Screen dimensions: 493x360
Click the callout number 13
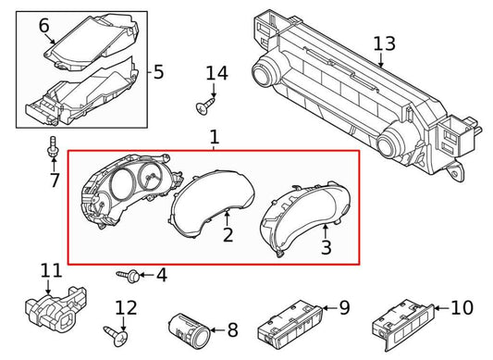(384, 43)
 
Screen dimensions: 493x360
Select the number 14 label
(216, 73)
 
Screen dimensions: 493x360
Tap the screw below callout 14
(205, 106)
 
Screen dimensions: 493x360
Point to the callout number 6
(44, 26)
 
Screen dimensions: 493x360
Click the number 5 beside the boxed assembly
(159, 72)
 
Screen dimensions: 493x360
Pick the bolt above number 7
(53, 146)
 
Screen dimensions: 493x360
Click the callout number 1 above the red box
(214, 137)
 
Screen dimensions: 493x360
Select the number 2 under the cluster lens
(228, 235)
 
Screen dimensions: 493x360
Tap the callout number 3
(327, 247)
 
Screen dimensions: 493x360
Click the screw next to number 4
(129, 276)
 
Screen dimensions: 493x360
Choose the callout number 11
(52, 270)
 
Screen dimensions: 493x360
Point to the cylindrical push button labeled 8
(190, 330)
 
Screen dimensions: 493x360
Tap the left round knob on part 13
(264, 71)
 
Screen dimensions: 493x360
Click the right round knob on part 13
(389, 143)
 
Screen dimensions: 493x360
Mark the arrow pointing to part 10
(442, 308)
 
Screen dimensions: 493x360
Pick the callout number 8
(232, 330)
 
